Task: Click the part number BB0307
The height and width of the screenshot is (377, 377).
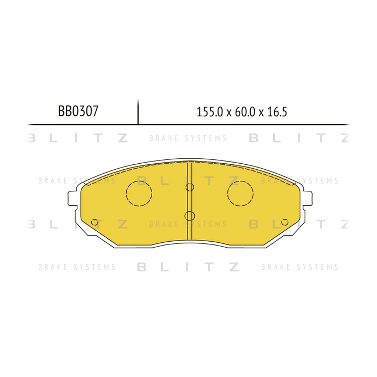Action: coord(78,111)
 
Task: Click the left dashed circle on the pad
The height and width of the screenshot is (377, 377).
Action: coord(139,181)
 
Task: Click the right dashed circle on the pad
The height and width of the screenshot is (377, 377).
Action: coord(240,181)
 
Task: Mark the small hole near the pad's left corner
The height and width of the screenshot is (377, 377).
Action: coord(95,222)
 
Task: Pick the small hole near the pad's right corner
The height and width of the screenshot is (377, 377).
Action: coord(285,222)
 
